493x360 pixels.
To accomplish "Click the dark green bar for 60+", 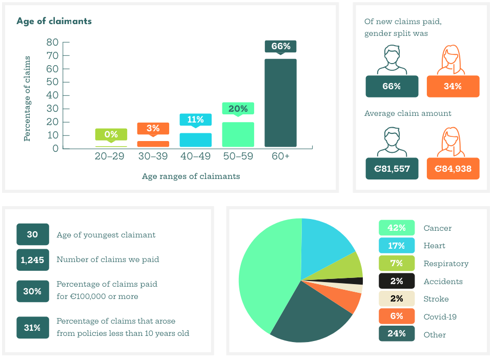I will [280, 103].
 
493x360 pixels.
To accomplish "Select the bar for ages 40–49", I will [195, 140].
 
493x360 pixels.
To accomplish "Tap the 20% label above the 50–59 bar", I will [238, 109].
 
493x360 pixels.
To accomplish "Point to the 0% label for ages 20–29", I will [111, 134].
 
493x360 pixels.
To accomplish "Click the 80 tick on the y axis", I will [52, 42].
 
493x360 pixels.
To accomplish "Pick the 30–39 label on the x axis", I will [153, 156].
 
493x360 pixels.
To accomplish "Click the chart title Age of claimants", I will [54, 21].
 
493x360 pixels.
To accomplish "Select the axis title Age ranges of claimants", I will [191, 176].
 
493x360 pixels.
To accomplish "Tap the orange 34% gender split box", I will [453, 86].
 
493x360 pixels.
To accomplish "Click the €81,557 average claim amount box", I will [392, 168].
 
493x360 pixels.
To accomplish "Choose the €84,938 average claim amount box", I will [453, 168].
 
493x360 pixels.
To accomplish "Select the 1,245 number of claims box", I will [32, 259].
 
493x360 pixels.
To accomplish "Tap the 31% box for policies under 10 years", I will [32, 328].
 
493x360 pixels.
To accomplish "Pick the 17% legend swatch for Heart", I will [396, 246].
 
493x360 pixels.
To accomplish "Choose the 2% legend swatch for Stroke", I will [396, 299].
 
